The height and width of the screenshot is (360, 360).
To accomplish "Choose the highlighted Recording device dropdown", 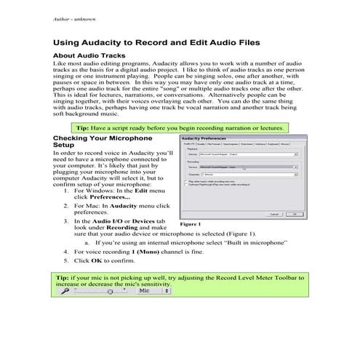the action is click(247, 167).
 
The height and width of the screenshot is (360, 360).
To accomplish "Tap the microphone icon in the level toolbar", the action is click(65, 290).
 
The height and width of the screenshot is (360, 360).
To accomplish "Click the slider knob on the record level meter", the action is click(109, 290).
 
